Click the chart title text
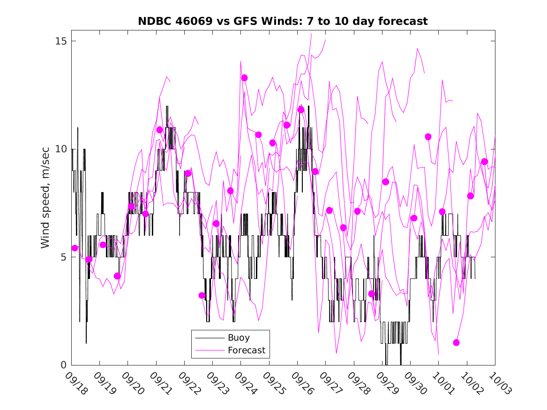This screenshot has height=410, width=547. click(283, 21)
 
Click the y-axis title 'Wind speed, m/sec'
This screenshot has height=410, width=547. click(45, 203)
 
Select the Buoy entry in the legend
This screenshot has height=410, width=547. click(239, 337)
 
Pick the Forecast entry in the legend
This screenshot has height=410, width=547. click(246, 350)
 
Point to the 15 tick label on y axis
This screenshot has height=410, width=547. click(60, 41)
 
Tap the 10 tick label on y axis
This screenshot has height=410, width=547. click(60, 149)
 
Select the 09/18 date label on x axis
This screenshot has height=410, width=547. click(76, 383)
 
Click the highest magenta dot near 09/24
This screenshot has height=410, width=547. click(244, 78)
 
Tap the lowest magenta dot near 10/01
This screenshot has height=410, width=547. click(456, 343)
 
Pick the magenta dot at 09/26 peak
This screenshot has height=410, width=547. click(301, 110)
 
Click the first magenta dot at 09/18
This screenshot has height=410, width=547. click(75, 248)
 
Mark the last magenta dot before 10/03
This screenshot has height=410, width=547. click(484, 162)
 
